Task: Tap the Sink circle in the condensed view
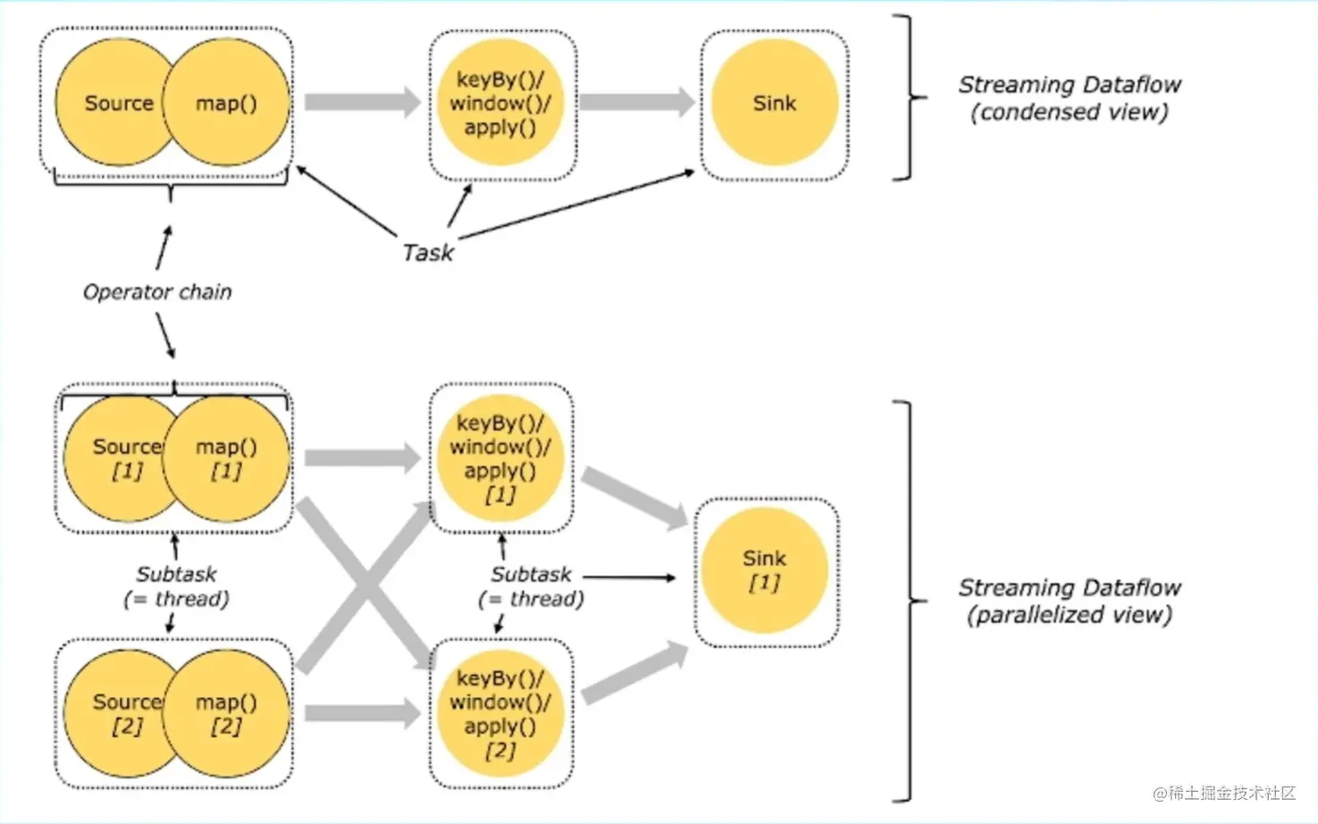774,103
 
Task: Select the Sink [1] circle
764,569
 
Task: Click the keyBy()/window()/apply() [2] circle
499,713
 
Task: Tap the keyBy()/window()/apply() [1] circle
499,458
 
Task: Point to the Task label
428,253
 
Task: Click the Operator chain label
157,292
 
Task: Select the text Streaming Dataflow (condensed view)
1069,98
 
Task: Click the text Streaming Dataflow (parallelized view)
1069,601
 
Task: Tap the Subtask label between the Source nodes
176,586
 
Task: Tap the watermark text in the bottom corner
1223,793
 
